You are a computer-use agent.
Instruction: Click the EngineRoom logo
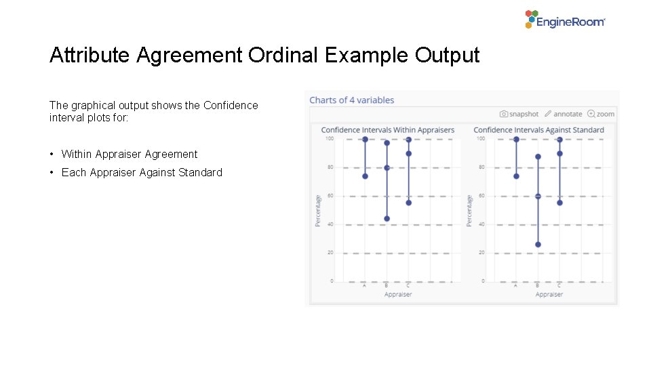pos(565,20)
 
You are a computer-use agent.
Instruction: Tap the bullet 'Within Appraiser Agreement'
pos(130,154)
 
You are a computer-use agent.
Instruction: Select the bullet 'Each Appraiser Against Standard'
pos(142,172)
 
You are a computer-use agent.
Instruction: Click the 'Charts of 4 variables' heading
pos(351,100)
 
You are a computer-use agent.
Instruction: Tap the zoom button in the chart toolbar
pos(601,114)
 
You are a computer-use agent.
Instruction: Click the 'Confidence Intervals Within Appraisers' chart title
pos(387,129)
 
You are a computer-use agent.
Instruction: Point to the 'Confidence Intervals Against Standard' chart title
pos(538,129)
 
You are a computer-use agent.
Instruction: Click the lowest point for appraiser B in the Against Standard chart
pos(538,245)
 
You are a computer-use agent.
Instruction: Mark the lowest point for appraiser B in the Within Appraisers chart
pos(387,219)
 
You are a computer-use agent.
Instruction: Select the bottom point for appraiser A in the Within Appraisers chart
pos(365,176)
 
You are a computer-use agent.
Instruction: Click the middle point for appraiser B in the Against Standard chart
pos(538,196)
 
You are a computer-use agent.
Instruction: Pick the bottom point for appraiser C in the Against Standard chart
pos(559,203)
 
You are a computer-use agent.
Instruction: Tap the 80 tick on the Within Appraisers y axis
pos(330,167)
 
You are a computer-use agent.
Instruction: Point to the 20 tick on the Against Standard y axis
pos(481,253)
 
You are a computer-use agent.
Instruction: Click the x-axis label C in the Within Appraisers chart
pos(408,285)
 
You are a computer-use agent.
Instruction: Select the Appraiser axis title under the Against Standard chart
pos(549,294)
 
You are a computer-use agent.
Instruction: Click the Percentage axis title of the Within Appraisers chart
pos(317,210)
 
